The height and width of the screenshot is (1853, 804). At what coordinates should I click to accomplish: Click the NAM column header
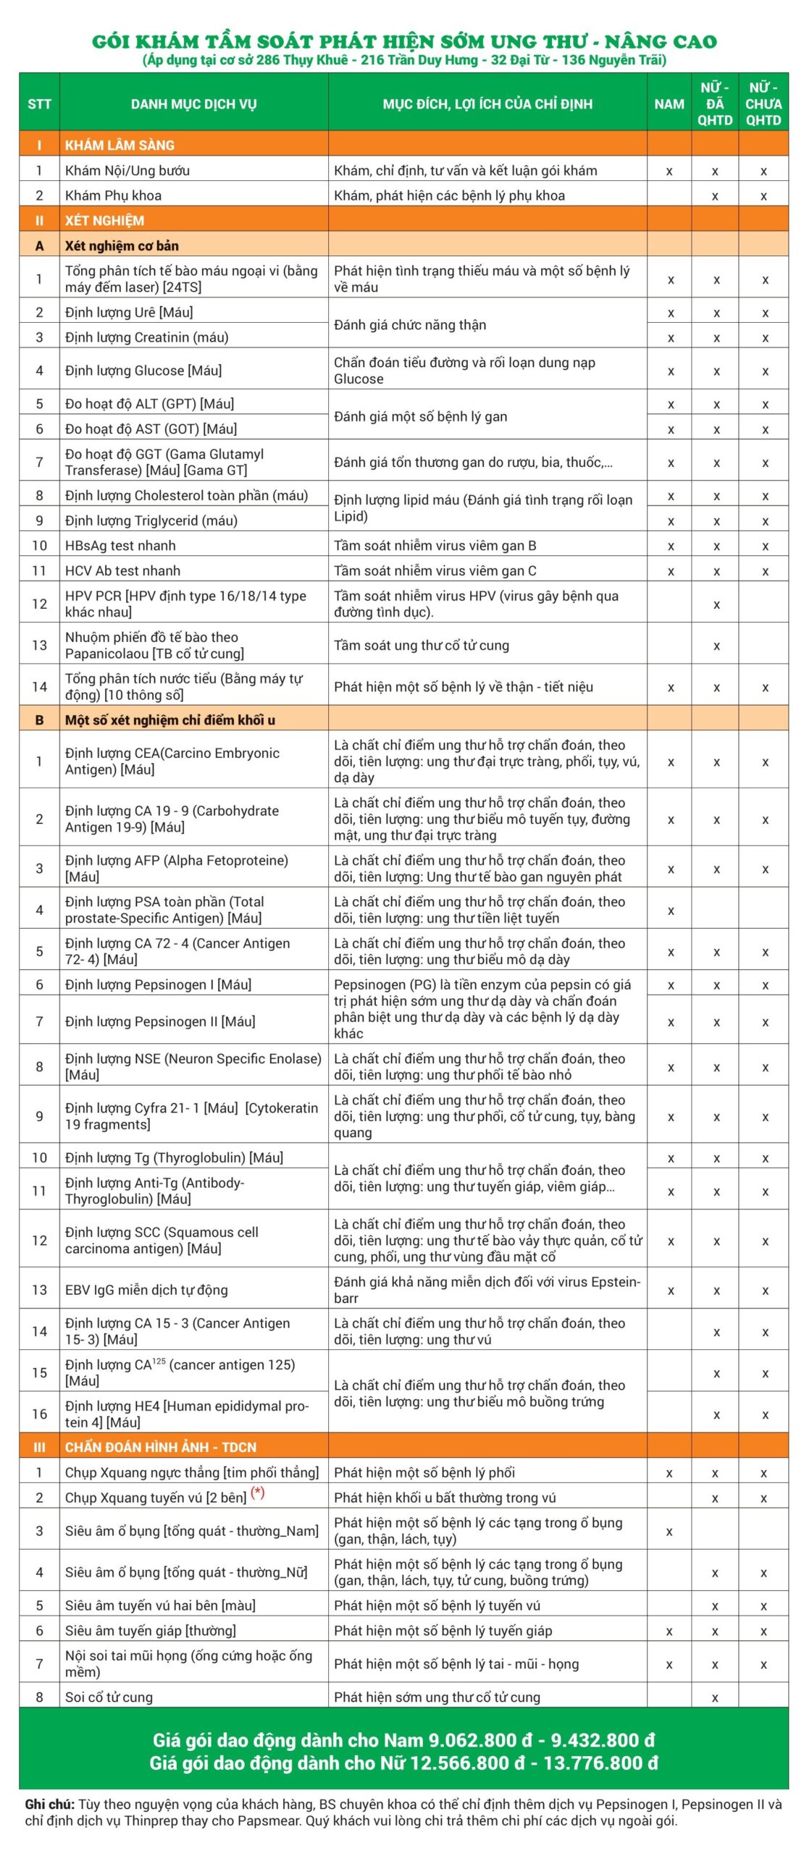click(x=669, y=104)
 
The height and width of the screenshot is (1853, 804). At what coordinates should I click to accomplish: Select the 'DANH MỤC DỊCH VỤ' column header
click(x=193, y=104)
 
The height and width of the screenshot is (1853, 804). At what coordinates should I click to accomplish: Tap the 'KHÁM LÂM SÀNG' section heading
click(x=120, y=145)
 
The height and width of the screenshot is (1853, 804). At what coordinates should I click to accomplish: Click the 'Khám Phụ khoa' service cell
click(x=113, y=195)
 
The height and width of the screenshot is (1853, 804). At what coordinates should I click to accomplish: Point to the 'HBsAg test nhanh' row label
click(x=120, y=546)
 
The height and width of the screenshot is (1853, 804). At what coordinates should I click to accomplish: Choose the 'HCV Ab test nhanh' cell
click(x=122, y=570)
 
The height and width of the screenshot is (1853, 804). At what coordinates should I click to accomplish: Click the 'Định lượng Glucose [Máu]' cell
click(x=143, y=371)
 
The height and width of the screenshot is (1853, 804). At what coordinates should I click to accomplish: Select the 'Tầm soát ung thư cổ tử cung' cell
click(x=421, y=645)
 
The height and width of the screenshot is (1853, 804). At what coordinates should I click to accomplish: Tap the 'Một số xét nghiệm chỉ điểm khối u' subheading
click(x=169, y=720)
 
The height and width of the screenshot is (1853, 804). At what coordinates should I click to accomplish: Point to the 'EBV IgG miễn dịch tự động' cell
click(x=146, y=1289)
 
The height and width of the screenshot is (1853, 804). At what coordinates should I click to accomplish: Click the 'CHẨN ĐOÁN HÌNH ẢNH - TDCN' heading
click(x=160, y=1447)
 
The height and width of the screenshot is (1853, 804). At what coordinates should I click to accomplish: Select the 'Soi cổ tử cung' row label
click(x=109, y=1697)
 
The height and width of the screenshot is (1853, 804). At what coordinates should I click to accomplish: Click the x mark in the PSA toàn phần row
click(x=671, y=911)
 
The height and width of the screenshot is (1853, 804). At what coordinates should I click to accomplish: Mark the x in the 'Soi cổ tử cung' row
click(x=715, y=1697)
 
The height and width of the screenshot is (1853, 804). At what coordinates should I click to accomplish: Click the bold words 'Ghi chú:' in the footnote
click(x=49, y=1805)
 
